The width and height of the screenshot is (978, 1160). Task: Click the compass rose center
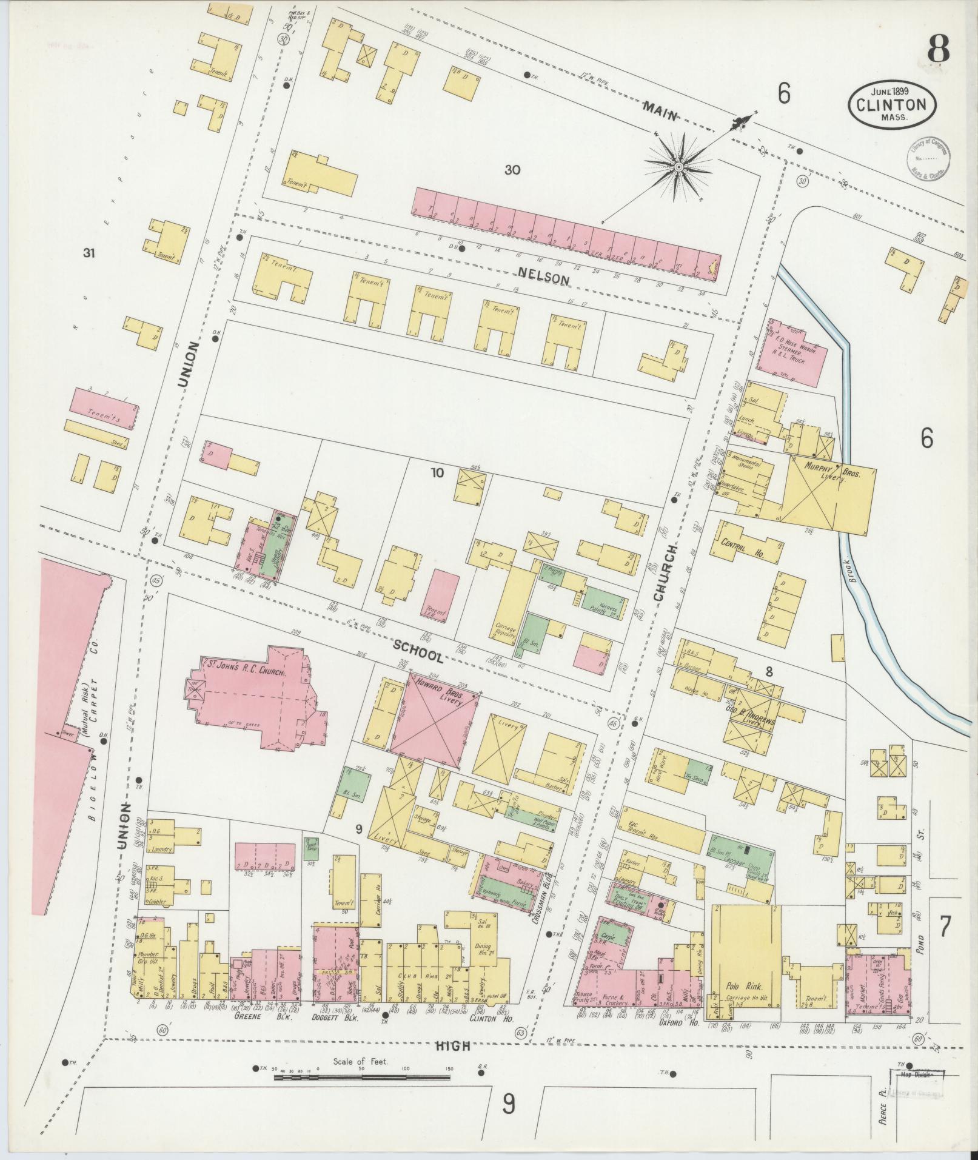click(679, 166)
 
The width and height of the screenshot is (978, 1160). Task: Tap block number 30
click(512, 170)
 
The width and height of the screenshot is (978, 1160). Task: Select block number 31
click(90, 253)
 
